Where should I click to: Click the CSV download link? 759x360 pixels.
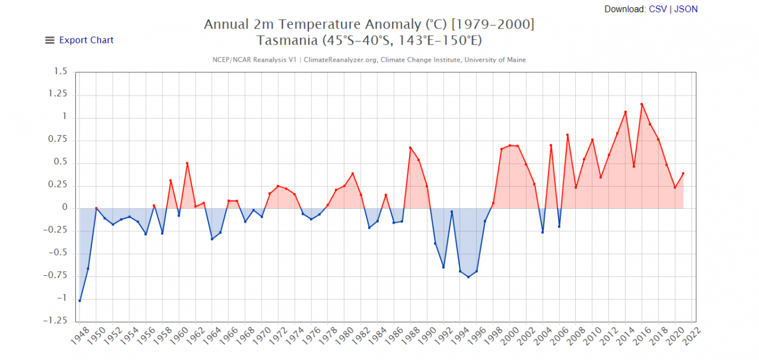pos(658,9)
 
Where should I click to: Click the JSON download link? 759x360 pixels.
pos(686,9)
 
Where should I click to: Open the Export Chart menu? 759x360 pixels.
pos(79,40)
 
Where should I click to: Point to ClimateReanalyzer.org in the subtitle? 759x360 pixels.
pos(341,60)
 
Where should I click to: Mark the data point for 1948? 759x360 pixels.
pos(80,301)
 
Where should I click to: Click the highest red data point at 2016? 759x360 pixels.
pos(642,104)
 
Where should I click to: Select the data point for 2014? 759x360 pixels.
pos(625,111)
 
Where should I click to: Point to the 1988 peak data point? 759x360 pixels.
pos(410,147)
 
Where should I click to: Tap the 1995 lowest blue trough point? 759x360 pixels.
pos(468,277)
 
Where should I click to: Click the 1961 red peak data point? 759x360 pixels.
pos(187,163)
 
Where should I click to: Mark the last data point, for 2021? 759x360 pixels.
pos(683,173)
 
